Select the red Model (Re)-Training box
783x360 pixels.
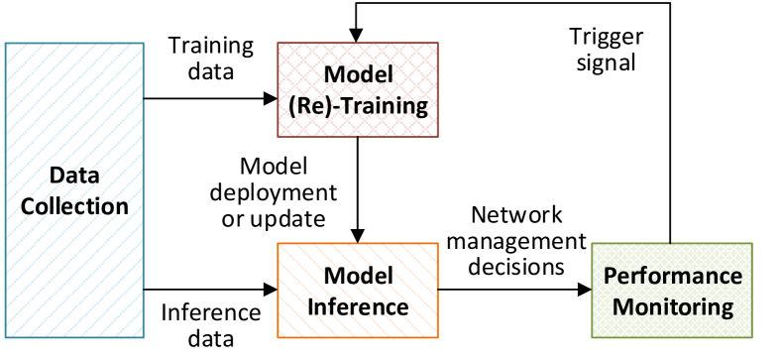coord(358,89)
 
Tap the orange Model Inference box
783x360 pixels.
coord(358,290)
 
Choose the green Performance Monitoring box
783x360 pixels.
coord(672,291)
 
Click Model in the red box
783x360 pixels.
coord(358,75)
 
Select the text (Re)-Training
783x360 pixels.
coord(358,105)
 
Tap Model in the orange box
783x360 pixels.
coord(358,276)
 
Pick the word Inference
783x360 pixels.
coord(358,306)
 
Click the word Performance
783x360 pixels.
coord(673,276)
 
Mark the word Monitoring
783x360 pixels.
coord(673,306)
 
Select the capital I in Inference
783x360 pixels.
coord(310,306)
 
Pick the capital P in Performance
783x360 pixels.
coord(611,276)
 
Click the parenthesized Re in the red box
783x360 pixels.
coord(308,105)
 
